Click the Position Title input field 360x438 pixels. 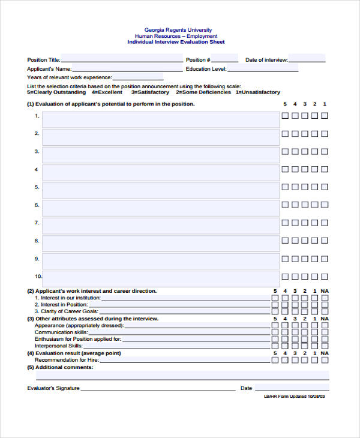[122, 59]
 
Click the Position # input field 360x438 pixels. [224, 59]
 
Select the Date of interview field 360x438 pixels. [307, 59]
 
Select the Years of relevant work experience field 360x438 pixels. [138, 77]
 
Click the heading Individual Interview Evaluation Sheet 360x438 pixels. [176, 43]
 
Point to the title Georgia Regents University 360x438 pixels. [178, 30]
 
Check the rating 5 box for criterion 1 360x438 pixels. [286, 116]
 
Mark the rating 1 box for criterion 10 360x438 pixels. [325, 277]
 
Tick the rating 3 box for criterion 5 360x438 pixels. [305, 187]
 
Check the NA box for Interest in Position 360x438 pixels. [325, 305]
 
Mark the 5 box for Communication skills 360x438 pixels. [275, 332]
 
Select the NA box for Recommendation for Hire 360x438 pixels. [325, 360]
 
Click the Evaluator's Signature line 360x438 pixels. [158, 388]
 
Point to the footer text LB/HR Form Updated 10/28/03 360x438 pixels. [294, 397]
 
